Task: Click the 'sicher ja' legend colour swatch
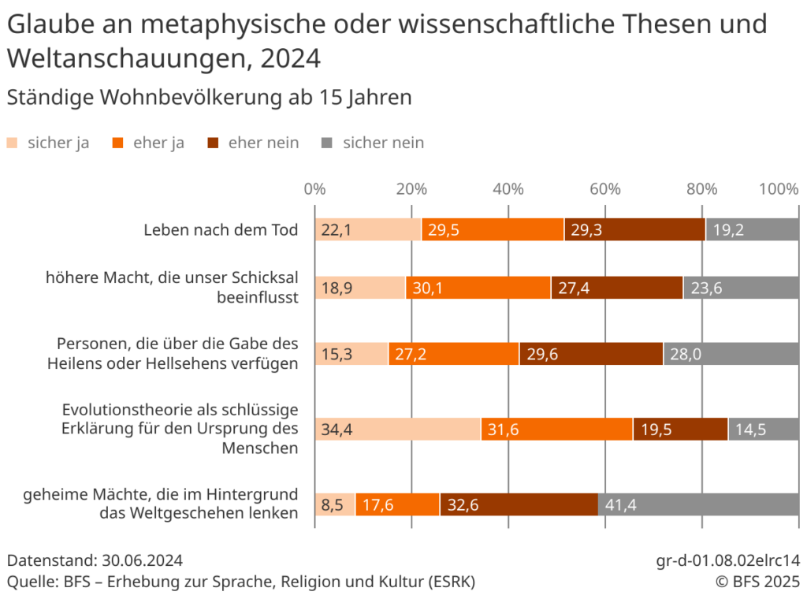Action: point(12,143)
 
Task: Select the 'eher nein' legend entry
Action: point(263,143)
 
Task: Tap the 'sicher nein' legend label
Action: point(383,143)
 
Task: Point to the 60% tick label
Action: point(605,189)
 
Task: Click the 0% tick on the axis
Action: point(314,189)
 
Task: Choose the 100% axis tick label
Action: point(778,189)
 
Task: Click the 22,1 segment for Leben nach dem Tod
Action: point(368,230)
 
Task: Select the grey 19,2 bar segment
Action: point(752,230)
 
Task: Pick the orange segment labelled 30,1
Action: point(478,288)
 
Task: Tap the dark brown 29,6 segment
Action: point(591,355)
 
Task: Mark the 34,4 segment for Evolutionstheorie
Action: point(397,430)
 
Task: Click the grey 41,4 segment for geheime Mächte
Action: point(698,504)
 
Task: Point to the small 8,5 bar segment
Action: point(335,504)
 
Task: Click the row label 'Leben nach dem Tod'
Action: point(221,230)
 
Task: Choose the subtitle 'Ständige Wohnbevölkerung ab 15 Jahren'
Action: point(209,98)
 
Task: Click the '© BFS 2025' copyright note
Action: point(757,582)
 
